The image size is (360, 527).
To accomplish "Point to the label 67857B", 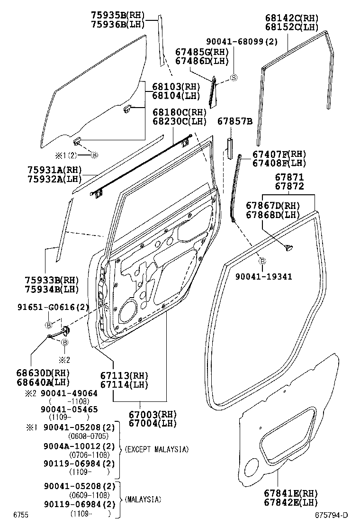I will point(235,122).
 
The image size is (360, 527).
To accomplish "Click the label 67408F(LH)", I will point(279,163).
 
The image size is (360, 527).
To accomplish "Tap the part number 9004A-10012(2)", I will point(79,446).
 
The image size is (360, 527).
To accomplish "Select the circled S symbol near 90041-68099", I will point(233,78).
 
